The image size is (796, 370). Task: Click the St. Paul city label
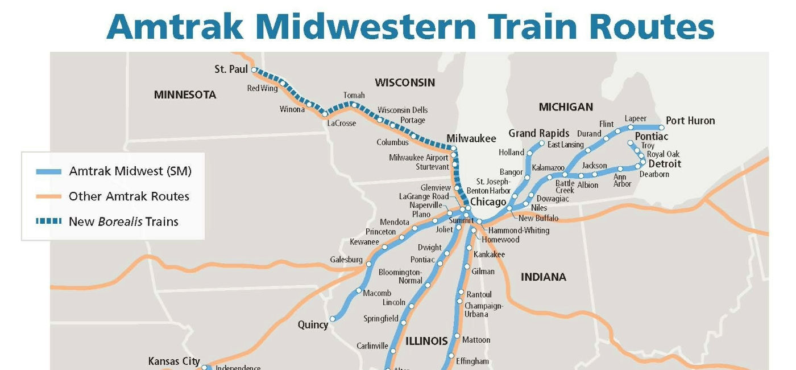click(x=231, y=69)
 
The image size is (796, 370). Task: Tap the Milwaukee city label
click(x=471, y=138)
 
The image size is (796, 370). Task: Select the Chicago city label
click(x=488, y=202)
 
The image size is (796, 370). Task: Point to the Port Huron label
click(x=690, y=121)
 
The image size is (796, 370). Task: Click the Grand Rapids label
click(x=538, y=133)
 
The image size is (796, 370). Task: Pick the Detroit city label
click(x=665, y=164)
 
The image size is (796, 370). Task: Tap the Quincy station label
click(x=313, y=324)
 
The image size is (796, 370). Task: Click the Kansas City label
click(x=174, y=361)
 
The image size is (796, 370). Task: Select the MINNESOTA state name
click(x=185, y=95)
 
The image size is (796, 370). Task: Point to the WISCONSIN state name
click(x=404, y=83)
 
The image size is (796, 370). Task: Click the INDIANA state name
click(x=544, y=277)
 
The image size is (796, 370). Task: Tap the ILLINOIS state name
click(x=426, y=341)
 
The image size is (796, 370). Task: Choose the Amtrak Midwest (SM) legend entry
click(x=130, y=171)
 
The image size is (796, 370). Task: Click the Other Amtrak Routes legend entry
click(x=128, y=196)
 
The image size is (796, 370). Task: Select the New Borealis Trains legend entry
click(x=123, y=221)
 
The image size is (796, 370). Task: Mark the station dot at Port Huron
click(x=661, y=128)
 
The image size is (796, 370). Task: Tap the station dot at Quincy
click(x=333, y=319)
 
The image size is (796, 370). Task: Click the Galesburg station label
click(x=346, y=260)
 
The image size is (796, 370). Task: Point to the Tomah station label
click(x=354, y=96)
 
